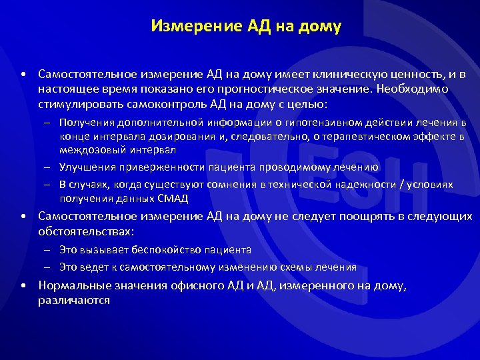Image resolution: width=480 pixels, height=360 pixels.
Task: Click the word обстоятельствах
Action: (x=86, y=231)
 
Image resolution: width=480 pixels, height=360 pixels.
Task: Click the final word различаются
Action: (x=74, y=301)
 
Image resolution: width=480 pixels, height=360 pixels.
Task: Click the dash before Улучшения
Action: (x=50, y=167)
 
